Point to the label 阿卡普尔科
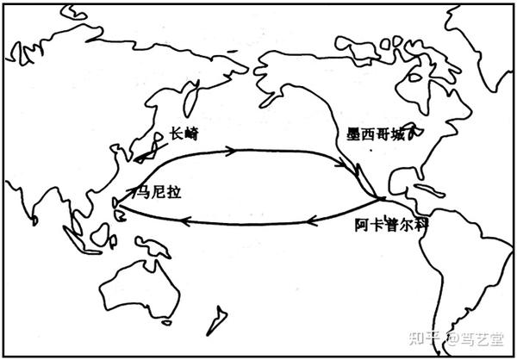click(x=392, y=225)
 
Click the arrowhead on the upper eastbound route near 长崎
click(x=231, y=152)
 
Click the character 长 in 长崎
click(x=177, y=133)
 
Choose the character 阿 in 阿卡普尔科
click(x=362, y=225)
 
